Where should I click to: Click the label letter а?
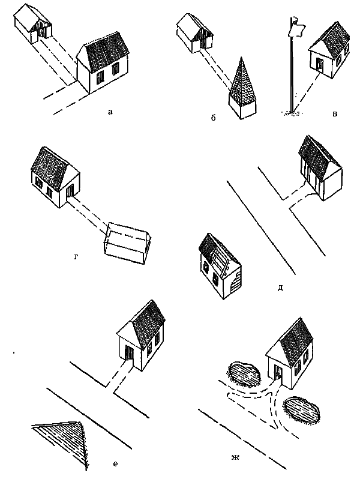110,112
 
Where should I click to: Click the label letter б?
213,118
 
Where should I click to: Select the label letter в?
335,114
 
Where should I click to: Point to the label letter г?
76,258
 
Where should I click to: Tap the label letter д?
280,288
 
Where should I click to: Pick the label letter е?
115,464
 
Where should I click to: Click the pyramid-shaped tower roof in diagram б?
242,79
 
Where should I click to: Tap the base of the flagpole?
293,113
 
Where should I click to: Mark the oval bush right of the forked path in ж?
301,410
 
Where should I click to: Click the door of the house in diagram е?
129,352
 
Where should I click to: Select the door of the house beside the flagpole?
320,65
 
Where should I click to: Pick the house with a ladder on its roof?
220,266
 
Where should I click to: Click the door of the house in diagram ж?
278,372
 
